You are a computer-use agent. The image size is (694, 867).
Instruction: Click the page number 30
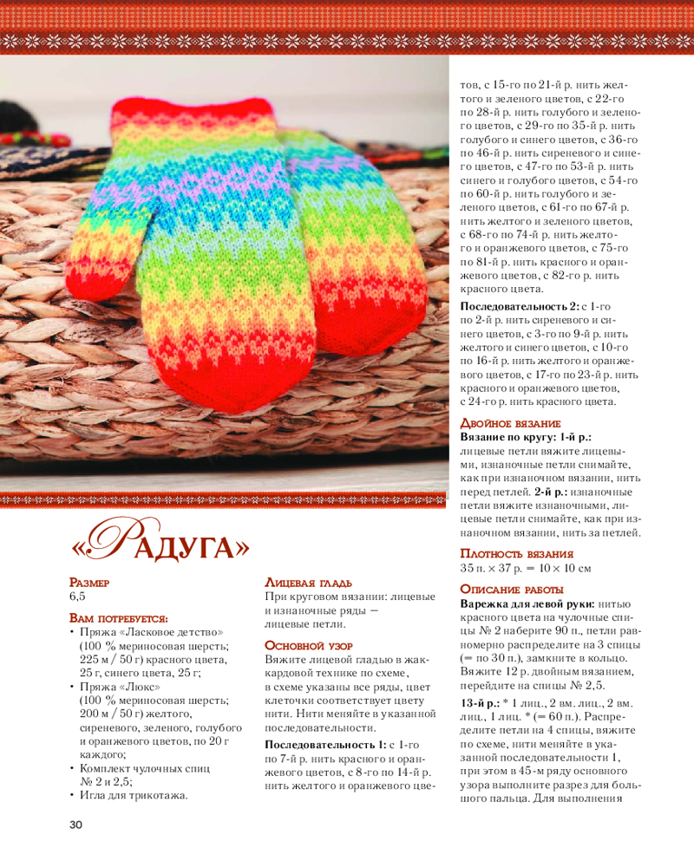pos(75,825)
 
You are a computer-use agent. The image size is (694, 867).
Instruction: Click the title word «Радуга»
pos(160,546)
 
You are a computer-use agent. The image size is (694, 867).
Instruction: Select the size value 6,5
pos(78,597)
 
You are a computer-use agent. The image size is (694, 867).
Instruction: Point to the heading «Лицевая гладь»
pos(309,583)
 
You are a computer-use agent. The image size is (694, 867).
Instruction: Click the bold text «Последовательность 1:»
pos(325,746)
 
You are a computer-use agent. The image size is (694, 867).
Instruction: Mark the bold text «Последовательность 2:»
pos(520,307)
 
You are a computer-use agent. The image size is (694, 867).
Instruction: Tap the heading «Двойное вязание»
pos(509,422)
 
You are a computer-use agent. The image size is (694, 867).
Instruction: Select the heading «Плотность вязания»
pos(517,554)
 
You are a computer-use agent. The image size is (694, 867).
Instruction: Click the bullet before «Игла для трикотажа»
pos(72,794)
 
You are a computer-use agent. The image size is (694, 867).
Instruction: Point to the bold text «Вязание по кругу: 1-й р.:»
pos(525,437)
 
